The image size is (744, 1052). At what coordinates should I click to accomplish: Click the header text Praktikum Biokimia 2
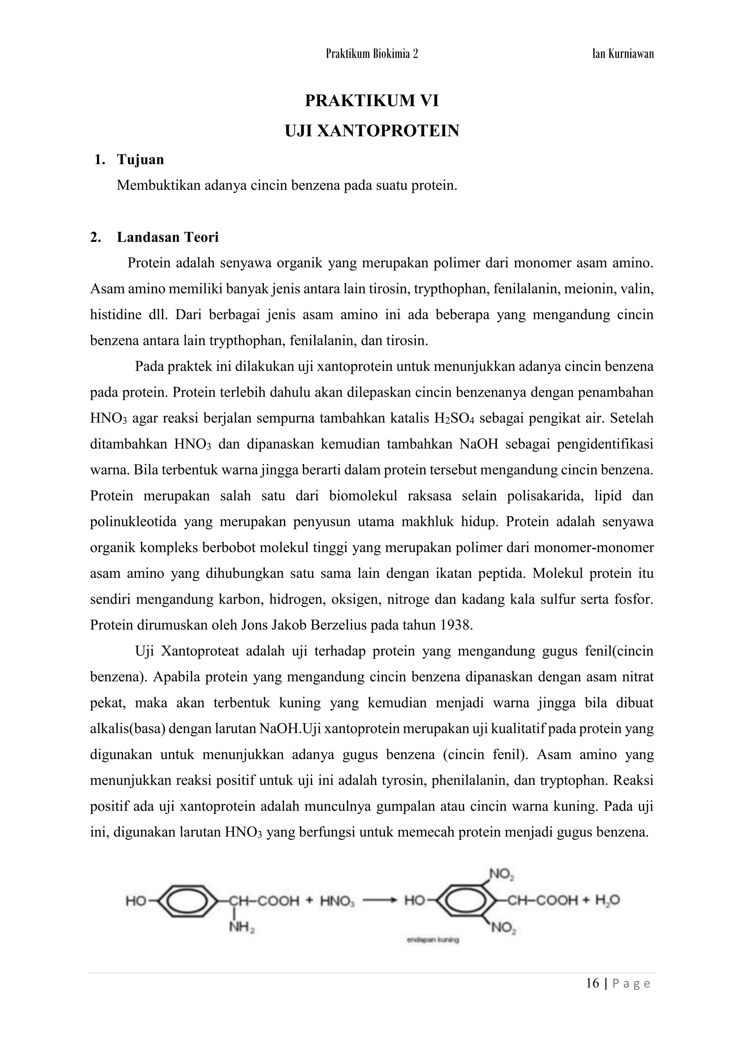372,54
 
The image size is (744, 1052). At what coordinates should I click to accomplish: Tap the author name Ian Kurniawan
623,54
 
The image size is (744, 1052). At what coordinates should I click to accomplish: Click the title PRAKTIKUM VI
372,101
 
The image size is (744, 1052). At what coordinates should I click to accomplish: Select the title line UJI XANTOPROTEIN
372,131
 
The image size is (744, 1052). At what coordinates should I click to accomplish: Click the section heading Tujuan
140,159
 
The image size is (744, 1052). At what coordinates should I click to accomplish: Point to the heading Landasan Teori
168,237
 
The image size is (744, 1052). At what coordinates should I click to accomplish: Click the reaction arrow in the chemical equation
379,901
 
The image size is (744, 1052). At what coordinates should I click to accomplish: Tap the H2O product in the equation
607,901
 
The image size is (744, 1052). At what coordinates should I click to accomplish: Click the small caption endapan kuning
433,940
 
